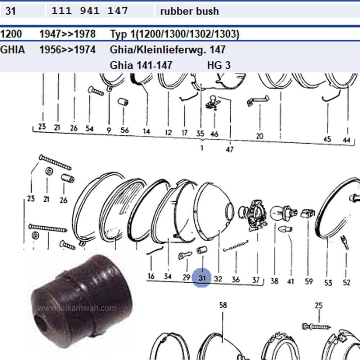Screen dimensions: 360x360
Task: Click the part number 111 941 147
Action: coord(89,11)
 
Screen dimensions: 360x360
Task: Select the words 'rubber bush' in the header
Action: coord(189,11)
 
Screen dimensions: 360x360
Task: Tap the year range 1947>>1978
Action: coord(68,34)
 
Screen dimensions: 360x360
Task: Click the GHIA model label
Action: coord(12,50)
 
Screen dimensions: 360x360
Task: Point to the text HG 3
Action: coord(219,65)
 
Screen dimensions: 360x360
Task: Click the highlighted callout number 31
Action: coord(202,278)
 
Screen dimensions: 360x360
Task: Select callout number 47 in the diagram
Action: coord(230,150)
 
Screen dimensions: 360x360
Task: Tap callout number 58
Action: coord(223,305)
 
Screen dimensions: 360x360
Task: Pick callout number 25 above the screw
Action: coord(319,305)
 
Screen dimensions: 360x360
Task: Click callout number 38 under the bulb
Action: coord(274,281)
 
